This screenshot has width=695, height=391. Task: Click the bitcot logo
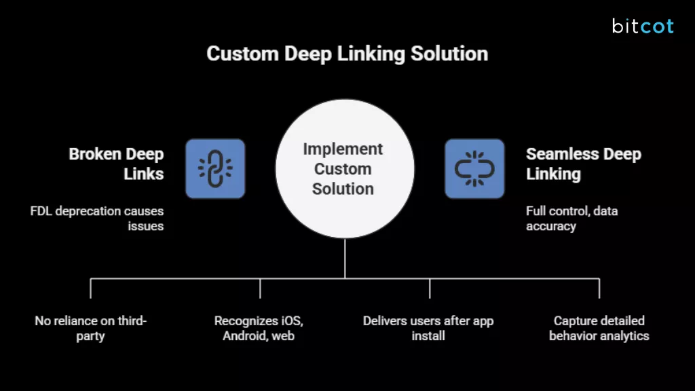click(x=642, y=26)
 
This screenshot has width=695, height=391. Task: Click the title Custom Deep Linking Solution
click(x=347, y=54)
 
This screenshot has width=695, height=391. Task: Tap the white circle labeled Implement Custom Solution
click(x=344, y=179)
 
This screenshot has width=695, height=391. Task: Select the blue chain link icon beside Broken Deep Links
click(x=215, y=168)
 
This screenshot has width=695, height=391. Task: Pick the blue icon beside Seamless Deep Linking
click(x=474, y=168)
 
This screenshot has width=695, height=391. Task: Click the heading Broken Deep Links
click(x=116, y=164)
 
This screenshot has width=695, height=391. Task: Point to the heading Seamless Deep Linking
click(x=583, y=164)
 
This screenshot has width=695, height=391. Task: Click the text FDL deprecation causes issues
click(x=97, y=219)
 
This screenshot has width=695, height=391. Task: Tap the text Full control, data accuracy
click(x=571, y=219)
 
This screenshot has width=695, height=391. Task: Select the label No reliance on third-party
click(x=90, y=328)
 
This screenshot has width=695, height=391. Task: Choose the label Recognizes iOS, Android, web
click(x=259, y=328)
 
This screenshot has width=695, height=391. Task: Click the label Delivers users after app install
click(x=428, y=328)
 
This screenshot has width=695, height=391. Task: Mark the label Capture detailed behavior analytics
click(x=599, y=328)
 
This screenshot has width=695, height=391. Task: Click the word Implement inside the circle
click(x=343, y=149)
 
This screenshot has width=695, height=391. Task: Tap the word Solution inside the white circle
click(x=343, y=189)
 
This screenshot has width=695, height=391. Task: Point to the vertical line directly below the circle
click(x=345, y=258)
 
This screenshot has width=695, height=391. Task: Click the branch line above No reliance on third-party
click(x=90, y=288)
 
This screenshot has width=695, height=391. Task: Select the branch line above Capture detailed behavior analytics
click(x=599, y=288)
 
